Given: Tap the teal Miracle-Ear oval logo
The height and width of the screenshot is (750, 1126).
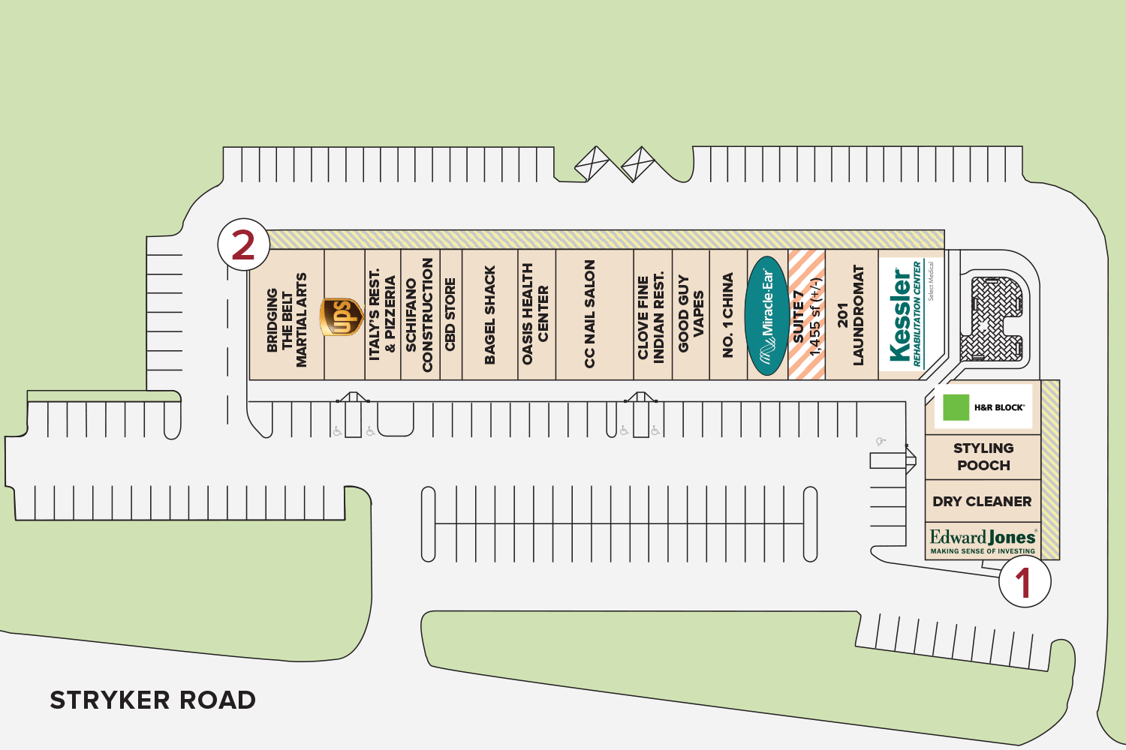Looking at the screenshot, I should [x=766, y=316].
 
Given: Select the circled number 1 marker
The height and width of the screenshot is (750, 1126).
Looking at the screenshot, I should [x=1025, y=581].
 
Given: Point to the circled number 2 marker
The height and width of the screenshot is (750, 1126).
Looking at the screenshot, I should [x=243, y=244].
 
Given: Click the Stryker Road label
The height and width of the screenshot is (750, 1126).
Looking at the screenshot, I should [x=152, y=700].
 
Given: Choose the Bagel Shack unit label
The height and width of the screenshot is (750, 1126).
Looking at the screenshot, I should [x=490, y=316].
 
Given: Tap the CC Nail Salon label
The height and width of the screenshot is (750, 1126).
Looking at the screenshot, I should [x=590, y=314].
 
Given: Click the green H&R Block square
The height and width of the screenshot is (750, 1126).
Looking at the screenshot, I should [x=956, y=407].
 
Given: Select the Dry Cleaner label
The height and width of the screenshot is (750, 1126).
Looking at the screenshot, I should [x=982, y=501].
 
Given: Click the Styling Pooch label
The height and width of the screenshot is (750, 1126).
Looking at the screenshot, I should [x=983, y=457].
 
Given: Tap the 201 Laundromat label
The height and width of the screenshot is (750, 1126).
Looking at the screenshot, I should [x=851, y=316].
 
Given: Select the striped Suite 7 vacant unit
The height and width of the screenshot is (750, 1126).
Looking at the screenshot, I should [x=807, y=316].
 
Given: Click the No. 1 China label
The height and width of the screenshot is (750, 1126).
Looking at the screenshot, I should [x=727, y=316].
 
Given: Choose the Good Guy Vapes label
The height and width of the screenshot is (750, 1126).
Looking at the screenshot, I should [x=691, y=314].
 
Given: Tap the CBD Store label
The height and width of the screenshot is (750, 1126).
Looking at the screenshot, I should [x=450, y=315].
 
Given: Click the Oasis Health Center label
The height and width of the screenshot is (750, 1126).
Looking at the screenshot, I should [x=535, y=314].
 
